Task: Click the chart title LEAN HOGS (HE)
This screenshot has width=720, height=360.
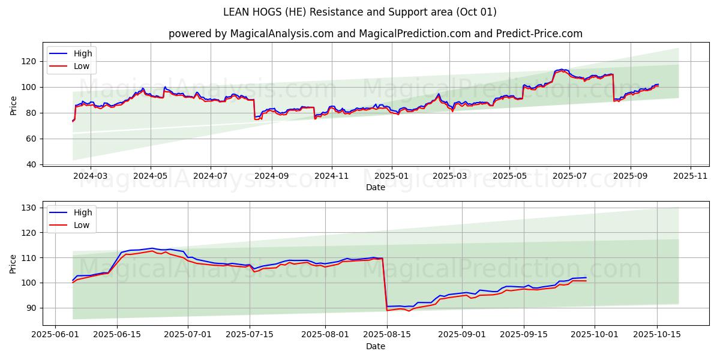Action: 359,12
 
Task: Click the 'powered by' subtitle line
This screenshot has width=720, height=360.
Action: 375,34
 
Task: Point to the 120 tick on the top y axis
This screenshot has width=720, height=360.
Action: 29,61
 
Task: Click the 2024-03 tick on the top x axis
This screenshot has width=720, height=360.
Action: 91,176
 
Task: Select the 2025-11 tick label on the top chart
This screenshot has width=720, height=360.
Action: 691,176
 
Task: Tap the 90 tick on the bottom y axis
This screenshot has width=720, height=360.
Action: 31,308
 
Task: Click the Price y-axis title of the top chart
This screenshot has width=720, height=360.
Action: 14,106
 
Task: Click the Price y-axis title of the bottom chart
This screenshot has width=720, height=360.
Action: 14,263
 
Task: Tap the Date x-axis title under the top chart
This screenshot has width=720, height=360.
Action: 375,187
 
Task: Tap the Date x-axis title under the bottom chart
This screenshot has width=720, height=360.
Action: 375,346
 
